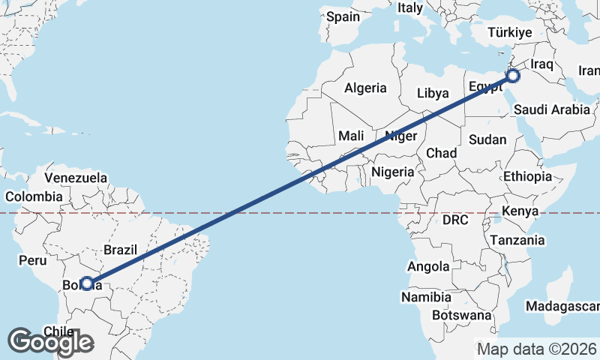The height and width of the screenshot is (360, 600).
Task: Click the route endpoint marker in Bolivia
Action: pos(87,283)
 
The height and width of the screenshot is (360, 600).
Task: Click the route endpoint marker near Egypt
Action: pos(514,76)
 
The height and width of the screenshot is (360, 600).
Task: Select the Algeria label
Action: pos(365,88)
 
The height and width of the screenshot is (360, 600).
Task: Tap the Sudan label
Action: pos(487,139)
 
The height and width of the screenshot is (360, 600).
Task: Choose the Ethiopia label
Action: pos(527,176)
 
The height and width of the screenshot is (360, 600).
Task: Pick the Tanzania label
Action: pos(517,241)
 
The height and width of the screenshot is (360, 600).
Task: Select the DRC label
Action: pos(454,220)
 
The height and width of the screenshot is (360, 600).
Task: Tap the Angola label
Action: pos(428,266)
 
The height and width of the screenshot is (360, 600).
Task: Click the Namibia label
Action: pos(426,298)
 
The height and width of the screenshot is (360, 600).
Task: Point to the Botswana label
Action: pos(461,316)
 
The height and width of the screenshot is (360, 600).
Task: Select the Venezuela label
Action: pos(76,178)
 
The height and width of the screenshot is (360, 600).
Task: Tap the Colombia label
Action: pos(34,196)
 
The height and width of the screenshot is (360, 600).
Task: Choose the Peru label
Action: pos(32,261)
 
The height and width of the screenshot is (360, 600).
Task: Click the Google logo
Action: pos(50,342)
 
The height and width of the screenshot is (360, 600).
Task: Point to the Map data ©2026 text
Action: pos(537,349)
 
